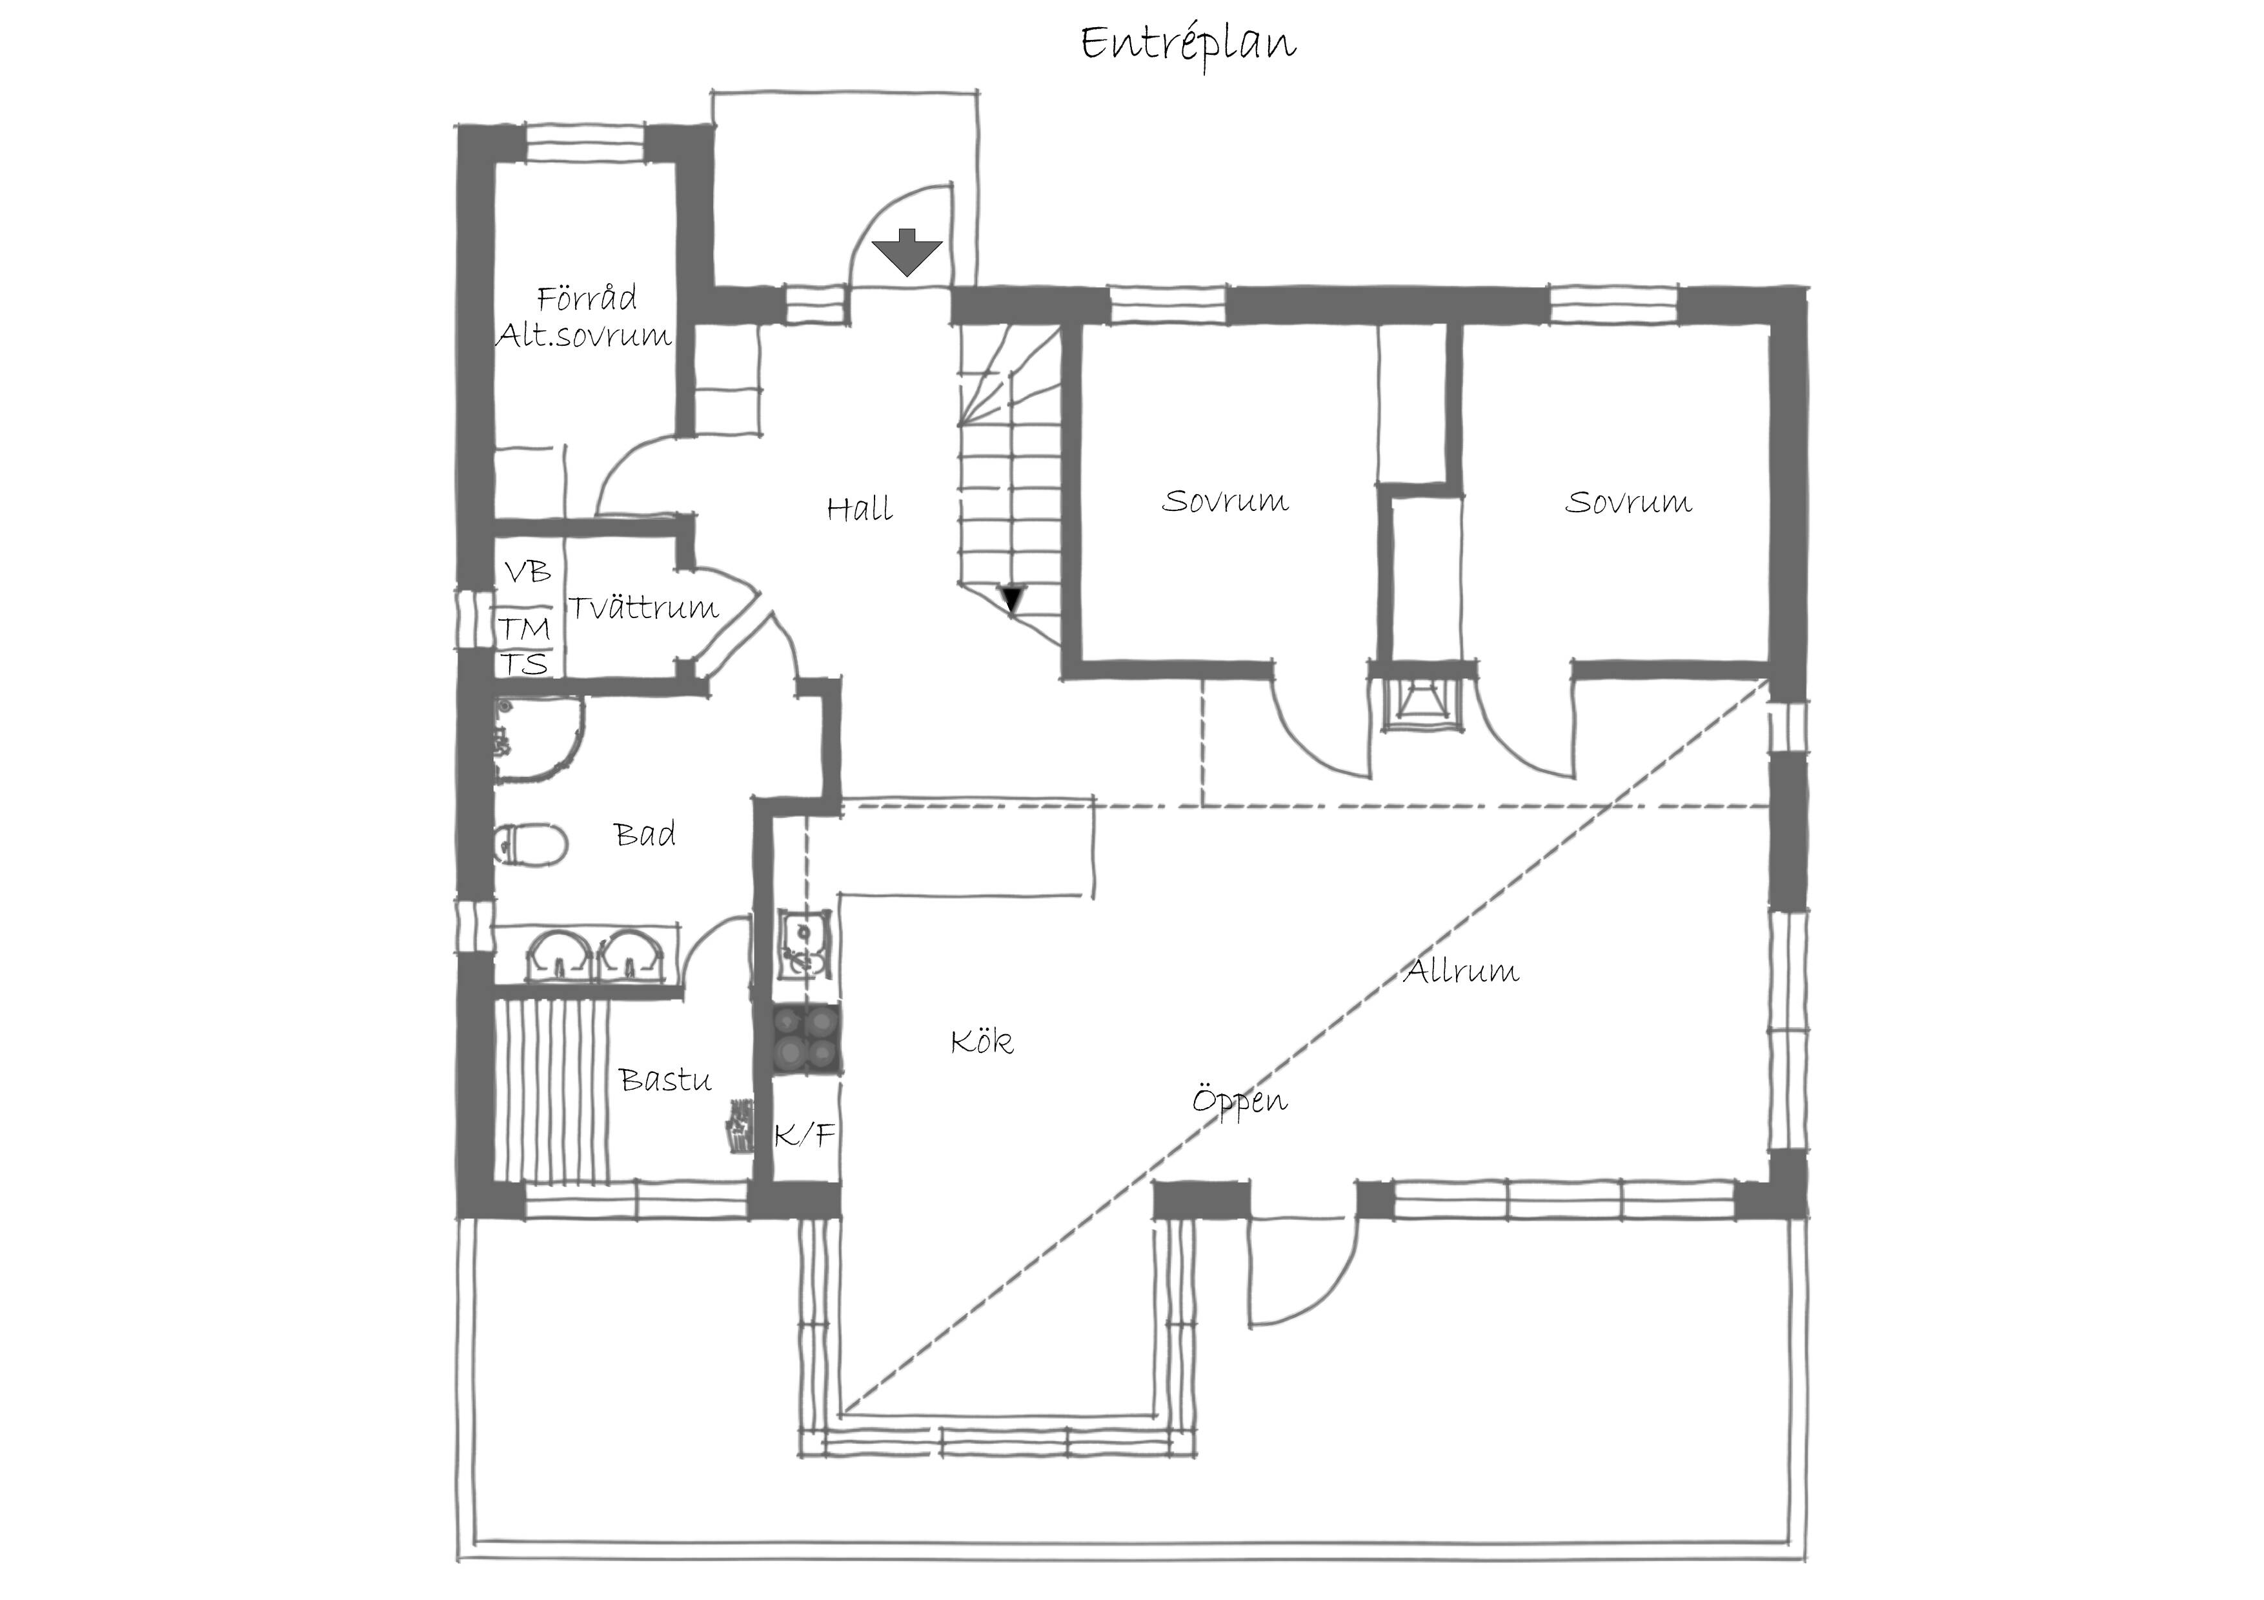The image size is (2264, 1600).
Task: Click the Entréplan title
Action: (1188, 45)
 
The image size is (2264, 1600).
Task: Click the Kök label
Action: (981, 1041)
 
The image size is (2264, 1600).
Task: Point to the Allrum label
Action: (1460, 971)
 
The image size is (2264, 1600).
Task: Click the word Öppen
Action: (1240, 1099)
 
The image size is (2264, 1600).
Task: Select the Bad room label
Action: (645, 834)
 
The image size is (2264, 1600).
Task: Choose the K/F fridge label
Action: (805, 1135)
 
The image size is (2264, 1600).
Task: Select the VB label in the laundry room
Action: (527, 572)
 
